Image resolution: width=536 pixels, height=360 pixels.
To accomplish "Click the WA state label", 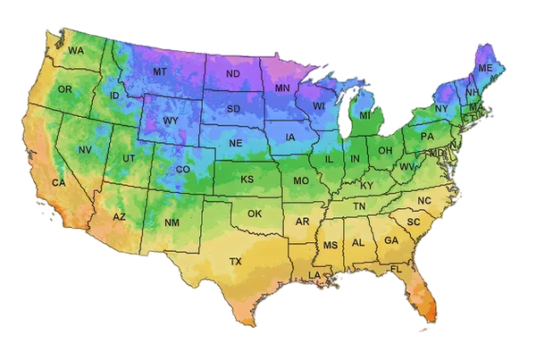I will (x=75, y=51).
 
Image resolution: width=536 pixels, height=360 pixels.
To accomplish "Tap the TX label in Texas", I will (x=236, y=262).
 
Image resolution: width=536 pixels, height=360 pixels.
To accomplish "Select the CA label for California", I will (x=59, y=183).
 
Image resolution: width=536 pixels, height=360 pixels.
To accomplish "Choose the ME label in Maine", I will (x=485, y=68).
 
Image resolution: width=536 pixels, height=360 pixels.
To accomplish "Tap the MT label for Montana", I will (x=160, y=71).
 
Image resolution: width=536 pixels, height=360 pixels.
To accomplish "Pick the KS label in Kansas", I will (x=247, y=179).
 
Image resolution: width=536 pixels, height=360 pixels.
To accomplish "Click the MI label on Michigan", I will (x=364, y=115).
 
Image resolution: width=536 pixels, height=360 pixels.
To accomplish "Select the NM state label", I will (x=172, y=222).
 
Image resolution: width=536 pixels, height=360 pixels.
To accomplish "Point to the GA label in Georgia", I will (x=390, y=240).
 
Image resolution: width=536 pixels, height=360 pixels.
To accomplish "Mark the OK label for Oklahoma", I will (x=255, y=213).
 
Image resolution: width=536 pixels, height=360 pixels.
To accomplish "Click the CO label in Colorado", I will (x=183, y=169).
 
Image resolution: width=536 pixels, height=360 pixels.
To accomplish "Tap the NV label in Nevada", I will (x=85, y=149).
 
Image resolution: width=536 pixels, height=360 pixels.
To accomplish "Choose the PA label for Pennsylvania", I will (x=427, y=137).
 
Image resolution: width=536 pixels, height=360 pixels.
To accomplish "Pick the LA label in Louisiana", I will (x=314, y=274).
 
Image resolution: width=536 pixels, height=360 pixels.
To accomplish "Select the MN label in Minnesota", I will (x=282, y=88).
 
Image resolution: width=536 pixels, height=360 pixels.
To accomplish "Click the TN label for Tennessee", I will (x=359, y=206).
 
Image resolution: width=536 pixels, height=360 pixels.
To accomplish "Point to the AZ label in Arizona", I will (x=120, y=217).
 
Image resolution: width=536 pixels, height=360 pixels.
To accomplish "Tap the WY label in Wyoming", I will (x=171, y=121).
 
